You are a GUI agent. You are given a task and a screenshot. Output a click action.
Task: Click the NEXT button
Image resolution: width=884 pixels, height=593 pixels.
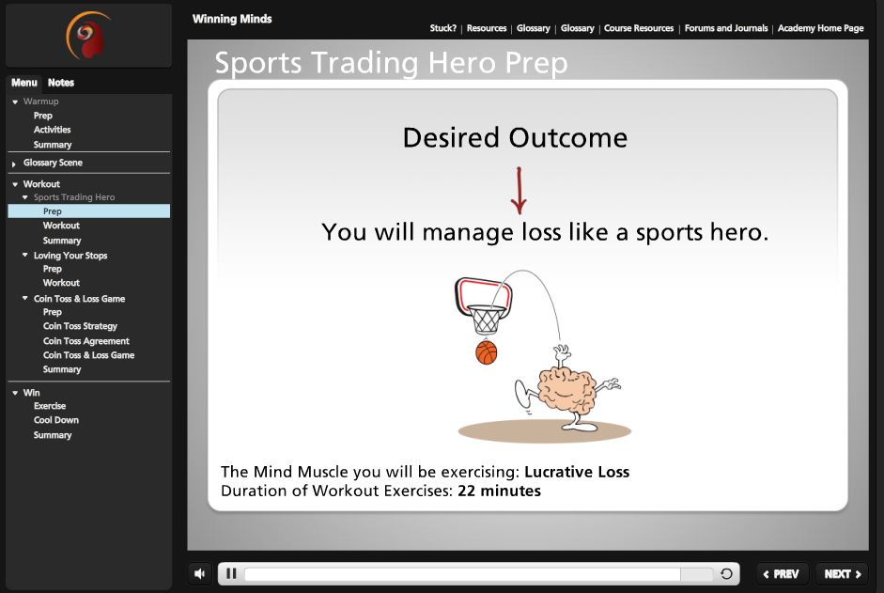click(x=843, y=574)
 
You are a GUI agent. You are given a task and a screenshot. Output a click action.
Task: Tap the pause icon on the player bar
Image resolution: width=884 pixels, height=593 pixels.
click(x=231, y=574)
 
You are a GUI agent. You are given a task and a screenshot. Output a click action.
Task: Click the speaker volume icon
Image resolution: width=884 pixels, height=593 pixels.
click(x=199, y=574)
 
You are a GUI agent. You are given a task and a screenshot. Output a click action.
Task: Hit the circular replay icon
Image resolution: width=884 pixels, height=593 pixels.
click(x=726, y=574)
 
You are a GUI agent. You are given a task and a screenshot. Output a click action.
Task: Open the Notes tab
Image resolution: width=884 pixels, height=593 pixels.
click(x=61, y=83)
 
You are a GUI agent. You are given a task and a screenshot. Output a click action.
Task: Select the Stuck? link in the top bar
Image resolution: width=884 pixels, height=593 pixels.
click(x=443, y=28)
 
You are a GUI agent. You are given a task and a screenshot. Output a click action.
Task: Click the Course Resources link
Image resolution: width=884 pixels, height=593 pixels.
click(x=639, y=28)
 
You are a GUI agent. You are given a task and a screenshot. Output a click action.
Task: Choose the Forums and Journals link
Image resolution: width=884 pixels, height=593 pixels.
click(x=726, y=28)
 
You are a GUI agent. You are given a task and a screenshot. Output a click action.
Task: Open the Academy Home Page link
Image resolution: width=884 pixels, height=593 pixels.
click(x=820, y=28)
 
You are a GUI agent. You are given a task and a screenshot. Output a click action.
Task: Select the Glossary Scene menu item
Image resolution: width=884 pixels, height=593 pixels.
click(x=53, y=163)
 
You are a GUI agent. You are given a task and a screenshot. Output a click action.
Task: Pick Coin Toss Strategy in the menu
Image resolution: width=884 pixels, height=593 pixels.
click(x=80, y=326)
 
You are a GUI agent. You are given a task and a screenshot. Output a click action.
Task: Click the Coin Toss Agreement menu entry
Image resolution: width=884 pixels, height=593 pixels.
click(x=86, y=341)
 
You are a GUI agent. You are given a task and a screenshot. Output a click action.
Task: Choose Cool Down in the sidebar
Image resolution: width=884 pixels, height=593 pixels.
click(x=56, y=420)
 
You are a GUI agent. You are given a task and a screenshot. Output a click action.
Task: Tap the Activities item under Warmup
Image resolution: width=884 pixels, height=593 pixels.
click(x=52, y=130)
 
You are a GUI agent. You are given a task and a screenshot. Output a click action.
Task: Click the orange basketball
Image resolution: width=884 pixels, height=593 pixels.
click(x=486, y=352)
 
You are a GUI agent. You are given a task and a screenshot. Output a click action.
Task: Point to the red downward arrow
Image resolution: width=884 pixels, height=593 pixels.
click(x=519, y=191)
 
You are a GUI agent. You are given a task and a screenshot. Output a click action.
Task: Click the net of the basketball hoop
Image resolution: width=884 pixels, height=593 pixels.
click(x=486, y=320)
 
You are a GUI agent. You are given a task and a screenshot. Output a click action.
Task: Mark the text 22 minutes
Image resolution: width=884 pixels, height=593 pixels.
click(x=499, y=491)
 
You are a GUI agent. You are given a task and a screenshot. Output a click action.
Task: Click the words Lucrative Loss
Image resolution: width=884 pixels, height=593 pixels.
click(x=577, y=472)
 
